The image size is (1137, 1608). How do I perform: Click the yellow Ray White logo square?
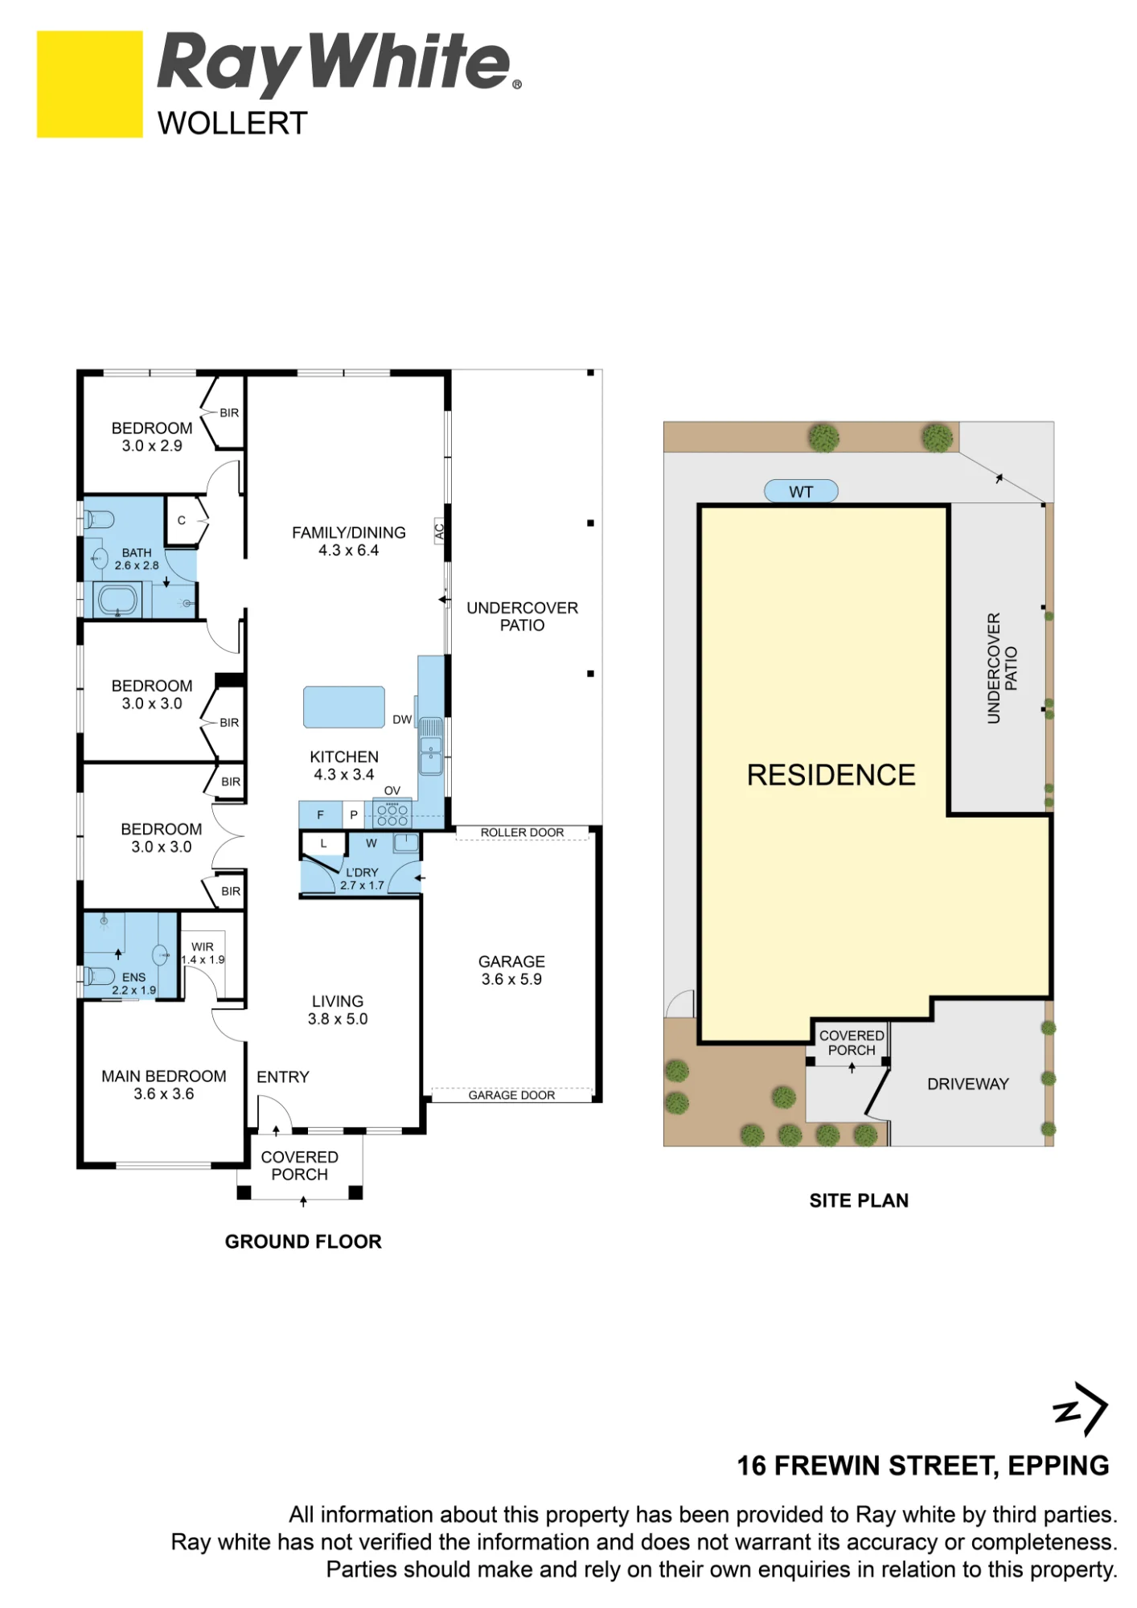pos(90,84)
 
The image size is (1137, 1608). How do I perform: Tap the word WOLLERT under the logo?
pos(232,124)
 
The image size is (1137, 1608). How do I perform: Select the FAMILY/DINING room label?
pos(348,541)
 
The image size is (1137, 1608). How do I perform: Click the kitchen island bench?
pos(344,707)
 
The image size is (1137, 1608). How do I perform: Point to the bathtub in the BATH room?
pos(117,600)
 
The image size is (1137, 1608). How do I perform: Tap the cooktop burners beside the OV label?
pos(392,815)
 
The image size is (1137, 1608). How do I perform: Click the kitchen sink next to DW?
pos(431,747)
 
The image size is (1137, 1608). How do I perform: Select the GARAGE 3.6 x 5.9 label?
pos(511,970)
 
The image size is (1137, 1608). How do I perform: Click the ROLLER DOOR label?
pos(522,832)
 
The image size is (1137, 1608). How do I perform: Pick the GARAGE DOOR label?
pos(511,1095)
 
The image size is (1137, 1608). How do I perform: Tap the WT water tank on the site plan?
pos(801,491)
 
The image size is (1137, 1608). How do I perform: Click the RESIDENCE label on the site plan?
pos(831,775)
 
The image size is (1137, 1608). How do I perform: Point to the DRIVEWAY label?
pos(967,1084)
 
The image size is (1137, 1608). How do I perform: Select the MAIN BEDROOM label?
pos(164,1085)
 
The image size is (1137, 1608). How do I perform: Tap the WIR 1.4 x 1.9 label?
pos(203,953)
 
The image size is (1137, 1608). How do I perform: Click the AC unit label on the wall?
pos(439,531)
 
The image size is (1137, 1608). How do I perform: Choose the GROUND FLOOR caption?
pos(303,1241)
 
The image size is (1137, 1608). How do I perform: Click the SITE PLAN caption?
pos(859,1200)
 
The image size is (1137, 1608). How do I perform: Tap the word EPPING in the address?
pos(1058,1466)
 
